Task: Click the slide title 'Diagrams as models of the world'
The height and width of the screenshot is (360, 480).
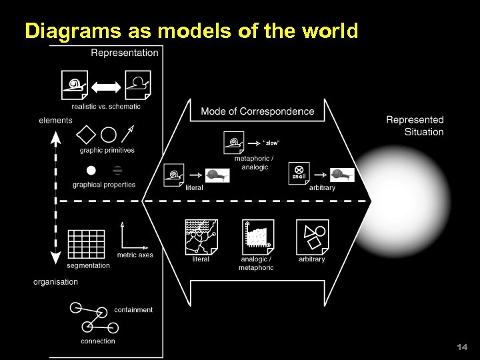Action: point(191,31)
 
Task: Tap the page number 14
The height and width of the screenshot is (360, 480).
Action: point(463,347)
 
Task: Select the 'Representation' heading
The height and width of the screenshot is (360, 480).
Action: point(125,53)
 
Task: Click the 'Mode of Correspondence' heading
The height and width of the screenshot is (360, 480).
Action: point(257,111)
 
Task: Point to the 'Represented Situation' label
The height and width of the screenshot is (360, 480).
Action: point(415,126)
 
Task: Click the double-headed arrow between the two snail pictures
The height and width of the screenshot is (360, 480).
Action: point(106,85)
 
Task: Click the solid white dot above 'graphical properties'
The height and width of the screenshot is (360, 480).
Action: point(91,171)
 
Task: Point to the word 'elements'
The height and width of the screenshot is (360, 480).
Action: point(55,121)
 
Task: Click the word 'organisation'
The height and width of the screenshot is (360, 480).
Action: point(55,282)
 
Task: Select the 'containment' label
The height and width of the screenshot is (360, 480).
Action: point(133,310)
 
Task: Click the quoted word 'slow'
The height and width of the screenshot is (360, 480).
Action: point(272,143)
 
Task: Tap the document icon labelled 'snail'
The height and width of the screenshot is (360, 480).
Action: point(299,173)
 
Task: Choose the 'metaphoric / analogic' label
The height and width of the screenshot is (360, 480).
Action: point(254,163)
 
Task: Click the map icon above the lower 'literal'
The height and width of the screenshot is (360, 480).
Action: point(201,236)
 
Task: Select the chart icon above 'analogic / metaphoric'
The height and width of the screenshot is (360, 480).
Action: point(257,236)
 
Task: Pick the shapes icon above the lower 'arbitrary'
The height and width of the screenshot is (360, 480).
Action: point(312,236)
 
